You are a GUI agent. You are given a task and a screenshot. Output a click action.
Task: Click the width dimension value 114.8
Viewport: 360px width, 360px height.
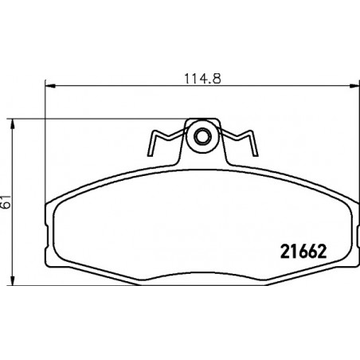(202, 79)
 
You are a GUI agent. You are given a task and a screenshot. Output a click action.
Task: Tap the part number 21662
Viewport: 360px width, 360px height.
(303, 252)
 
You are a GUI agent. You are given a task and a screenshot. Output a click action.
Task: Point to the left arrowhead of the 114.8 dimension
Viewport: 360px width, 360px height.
(50, 86)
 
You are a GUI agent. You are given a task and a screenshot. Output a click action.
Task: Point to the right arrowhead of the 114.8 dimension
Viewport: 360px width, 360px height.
(354, 86)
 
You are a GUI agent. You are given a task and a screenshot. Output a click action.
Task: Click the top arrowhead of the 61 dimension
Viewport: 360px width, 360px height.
(12, 124)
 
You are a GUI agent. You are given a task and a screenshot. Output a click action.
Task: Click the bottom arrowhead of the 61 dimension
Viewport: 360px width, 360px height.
(12, 280)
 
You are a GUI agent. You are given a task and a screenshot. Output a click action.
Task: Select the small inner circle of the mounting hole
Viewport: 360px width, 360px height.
(203, 137)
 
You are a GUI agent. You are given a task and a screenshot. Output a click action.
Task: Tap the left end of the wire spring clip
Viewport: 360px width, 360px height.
(150, 155)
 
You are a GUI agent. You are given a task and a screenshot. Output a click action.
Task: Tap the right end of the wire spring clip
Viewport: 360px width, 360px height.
(256, 155)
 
